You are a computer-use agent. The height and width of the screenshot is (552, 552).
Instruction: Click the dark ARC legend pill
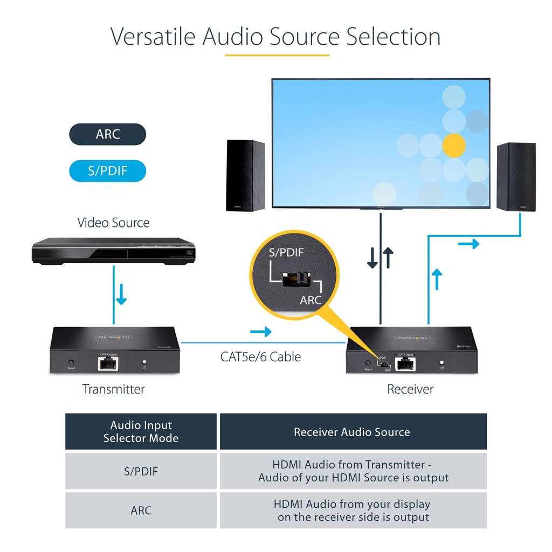click(x=108, y=134)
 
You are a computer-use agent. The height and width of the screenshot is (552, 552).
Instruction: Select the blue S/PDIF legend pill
click(x=108, y=171)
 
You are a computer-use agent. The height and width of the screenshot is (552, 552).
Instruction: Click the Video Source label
click(x=113, y=223)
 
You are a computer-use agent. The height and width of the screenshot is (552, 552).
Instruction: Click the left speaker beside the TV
click(x=245, y=175)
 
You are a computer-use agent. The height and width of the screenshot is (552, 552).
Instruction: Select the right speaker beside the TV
click(x=516, y=176)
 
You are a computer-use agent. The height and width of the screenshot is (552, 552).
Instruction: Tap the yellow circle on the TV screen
click(x=453, y=145)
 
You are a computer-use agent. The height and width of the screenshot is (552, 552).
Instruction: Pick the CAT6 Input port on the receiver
click(x=405, y=364)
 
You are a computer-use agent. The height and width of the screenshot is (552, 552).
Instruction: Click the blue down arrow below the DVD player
click(x=122, y=296)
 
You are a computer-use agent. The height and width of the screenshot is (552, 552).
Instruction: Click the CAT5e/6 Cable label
click(x=260, y=357)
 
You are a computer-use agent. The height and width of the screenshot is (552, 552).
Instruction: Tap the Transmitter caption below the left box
click(x=114, y=389)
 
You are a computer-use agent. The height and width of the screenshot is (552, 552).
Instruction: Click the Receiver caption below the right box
click(x=410, y=389)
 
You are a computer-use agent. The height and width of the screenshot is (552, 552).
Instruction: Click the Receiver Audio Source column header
click(x=352, y=432)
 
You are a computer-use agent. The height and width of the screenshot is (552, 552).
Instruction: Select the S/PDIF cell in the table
click(x=141, y=471)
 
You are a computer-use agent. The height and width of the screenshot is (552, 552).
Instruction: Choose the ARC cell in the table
click(x=141, y=510)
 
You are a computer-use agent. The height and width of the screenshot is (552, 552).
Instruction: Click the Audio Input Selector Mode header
click(x=141, y=432)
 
